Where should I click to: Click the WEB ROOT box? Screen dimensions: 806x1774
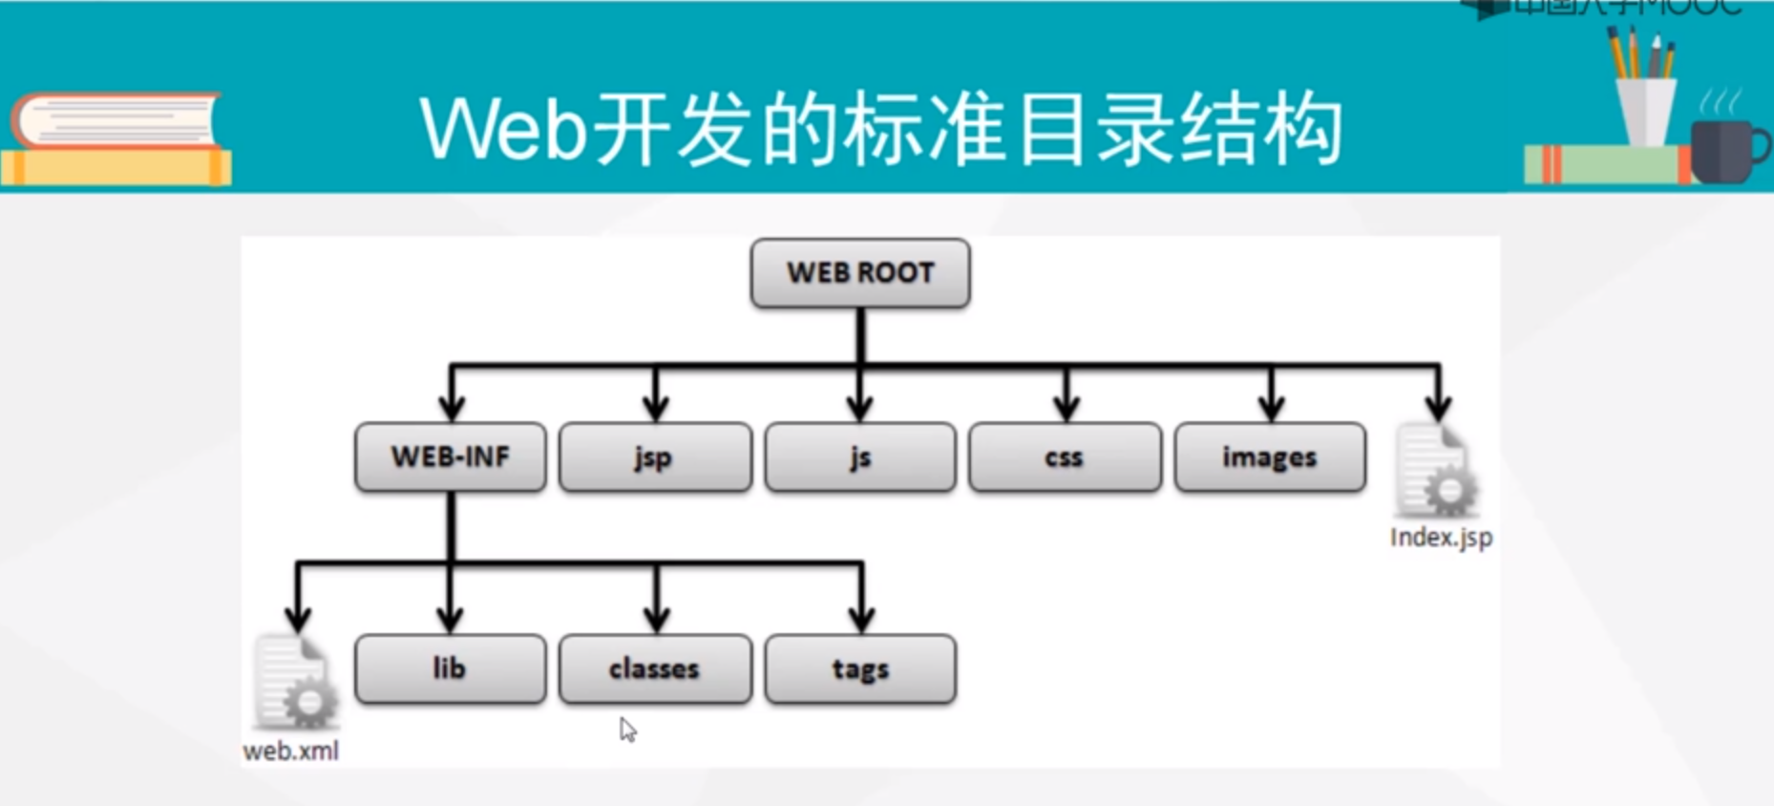coord(860,273)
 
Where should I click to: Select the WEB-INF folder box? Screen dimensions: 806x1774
coord(450,457)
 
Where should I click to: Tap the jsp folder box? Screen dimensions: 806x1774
coord(655,457)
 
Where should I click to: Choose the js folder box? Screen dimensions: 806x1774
coord(859,457)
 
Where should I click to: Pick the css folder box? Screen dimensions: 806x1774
coord(1065,457)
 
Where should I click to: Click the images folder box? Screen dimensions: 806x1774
coord(1270,457)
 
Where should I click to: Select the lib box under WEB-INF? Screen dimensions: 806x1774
coord(450,668)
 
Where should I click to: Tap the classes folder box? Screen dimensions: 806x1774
coord(655,668)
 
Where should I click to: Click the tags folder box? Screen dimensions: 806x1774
coord(859,668)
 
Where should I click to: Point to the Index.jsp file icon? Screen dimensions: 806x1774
coord(1436,473)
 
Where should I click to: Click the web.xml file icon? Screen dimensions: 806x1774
coord(294,683)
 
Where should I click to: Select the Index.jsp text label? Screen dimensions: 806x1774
coord(1441,538)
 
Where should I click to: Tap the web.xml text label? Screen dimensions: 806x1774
coord(290,752)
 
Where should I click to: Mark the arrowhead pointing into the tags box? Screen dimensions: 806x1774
coord(861,620)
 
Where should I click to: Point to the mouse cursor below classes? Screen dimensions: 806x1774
coord(627,730)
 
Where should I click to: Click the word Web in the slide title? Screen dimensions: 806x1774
coord(502,129)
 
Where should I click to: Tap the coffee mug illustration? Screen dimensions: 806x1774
coord(1726,150)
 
